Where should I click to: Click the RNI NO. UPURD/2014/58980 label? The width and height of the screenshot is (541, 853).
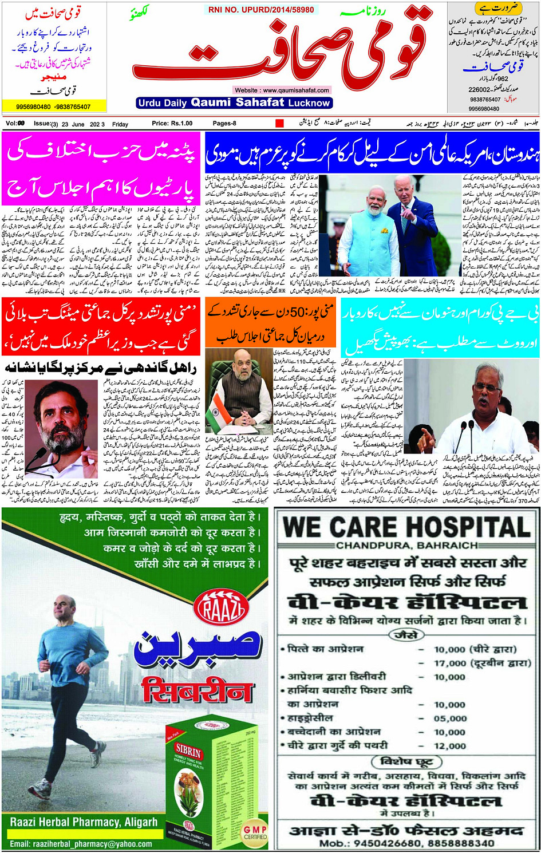click(x=261, y=10)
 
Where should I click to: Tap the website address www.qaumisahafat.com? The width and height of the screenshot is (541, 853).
click(x=282, y=90)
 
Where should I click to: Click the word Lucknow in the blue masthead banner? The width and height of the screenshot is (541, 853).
click(x=309, y=103)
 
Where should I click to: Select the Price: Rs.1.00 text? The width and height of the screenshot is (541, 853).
click(x=172, y=124)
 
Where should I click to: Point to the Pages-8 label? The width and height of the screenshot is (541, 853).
click(x=224, y=124)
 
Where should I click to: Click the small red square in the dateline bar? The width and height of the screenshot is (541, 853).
click(x=279, y=123)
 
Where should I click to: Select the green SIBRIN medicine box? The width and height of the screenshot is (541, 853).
click(x=215, y=779)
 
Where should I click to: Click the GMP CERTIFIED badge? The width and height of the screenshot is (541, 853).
click(x=255, y=832)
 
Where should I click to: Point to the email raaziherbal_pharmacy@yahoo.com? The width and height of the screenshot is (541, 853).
click(x=81, y=844)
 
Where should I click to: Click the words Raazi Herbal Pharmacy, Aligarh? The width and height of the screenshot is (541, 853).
click(x=84, y=823)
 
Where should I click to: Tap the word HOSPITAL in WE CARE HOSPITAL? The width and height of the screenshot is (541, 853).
click(x=460, y=527)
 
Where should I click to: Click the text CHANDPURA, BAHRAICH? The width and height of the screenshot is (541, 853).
click(x=406, y=546)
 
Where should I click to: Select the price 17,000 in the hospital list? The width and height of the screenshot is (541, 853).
click(x=450, y=663)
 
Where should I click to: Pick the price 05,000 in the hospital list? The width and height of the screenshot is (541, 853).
click(x=450, y=718)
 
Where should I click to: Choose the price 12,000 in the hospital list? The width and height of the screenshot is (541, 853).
click(x=450, y=746)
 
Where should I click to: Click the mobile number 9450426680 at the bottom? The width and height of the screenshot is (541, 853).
click(x=389, y=843)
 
